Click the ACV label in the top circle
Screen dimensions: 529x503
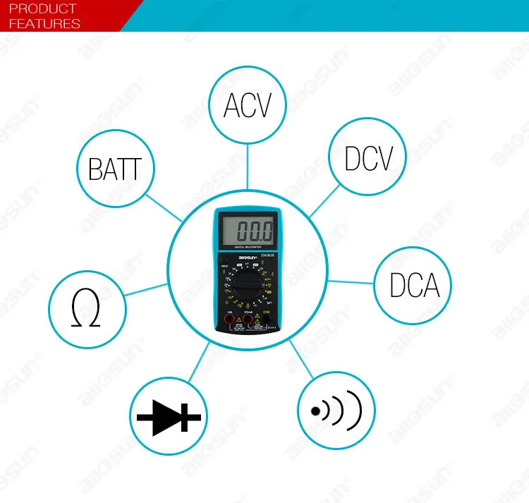(247, 106)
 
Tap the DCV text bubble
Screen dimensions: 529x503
(367, 157)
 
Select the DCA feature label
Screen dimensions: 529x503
(414, 285)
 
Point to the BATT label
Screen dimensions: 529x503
(115, 169)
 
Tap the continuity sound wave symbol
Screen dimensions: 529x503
(336, 408)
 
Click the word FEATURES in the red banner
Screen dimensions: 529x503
(44, 23)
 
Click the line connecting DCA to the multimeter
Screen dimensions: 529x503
(350, 282)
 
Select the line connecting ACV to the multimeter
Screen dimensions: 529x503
(247, 166)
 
